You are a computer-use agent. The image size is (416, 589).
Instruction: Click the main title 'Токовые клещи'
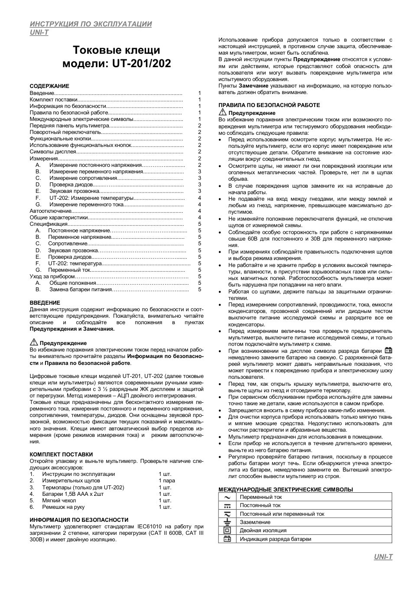[x=117, y=50]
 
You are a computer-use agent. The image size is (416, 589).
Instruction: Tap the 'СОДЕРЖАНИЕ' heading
[x=49, y=86]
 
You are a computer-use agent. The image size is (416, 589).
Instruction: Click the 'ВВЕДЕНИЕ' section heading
[x=45, y=303]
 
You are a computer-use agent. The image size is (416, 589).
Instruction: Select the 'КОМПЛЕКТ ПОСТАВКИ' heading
[x=61, y=454]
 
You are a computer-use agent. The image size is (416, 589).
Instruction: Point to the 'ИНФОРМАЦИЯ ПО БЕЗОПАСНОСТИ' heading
[x=79, y=520]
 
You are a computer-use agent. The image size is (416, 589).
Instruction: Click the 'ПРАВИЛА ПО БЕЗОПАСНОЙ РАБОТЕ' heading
[x=269, y=105]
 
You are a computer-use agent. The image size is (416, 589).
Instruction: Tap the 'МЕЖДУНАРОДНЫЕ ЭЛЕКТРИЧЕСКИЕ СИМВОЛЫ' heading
[x=286, y=489]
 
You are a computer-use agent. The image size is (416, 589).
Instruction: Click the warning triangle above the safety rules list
[x=223, y=112]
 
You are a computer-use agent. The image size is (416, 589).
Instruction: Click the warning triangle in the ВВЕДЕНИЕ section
[x=34, y=342]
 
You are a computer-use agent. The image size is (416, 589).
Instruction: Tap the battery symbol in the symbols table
[x=227, y=539]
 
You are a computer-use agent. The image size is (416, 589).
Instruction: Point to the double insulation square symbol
[x=227, y=530]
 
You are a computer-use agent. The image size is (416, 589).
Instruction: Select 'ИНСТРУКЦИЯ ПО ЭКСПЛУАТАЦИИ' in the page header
[x=91, y=24]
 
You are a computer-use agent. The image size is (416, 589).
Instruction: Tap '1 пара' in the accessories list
[x=167, y=481]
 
